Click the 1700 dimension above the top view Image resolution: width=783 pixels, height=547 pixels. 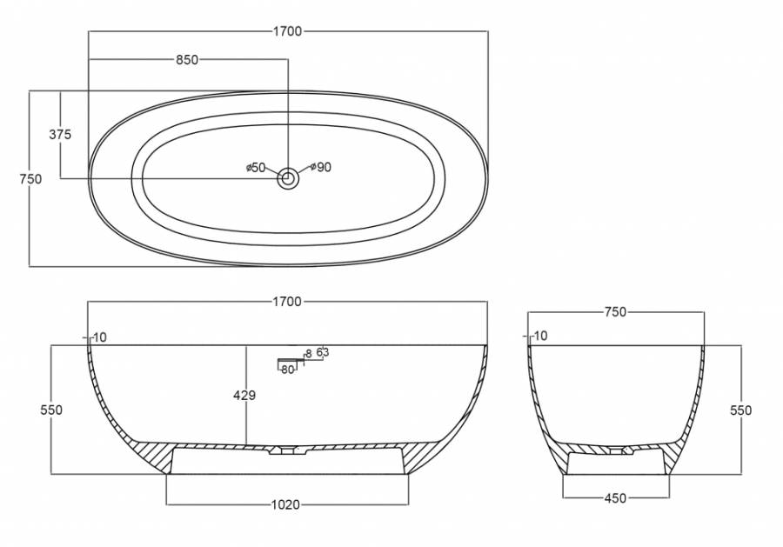288,31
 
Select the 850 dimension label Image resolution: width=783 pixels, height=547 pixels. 187,60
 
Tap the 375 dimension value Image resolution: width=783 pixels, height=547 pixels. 60,134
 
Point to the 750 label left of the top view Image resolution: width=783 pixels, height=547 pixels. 30,178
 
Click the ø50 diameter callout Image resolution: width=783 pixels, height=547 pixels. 256,168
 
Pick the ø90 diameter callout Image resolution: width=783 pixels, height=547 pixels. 320,167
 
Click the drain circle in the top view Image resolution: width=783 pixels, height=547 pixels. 288,178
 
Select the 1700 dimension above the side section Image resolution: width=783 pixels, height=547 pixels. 288,302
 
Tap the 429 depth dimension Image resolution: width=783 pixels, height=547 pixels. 244,396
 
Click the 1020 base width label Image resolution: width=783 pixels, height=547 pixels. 285,504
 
